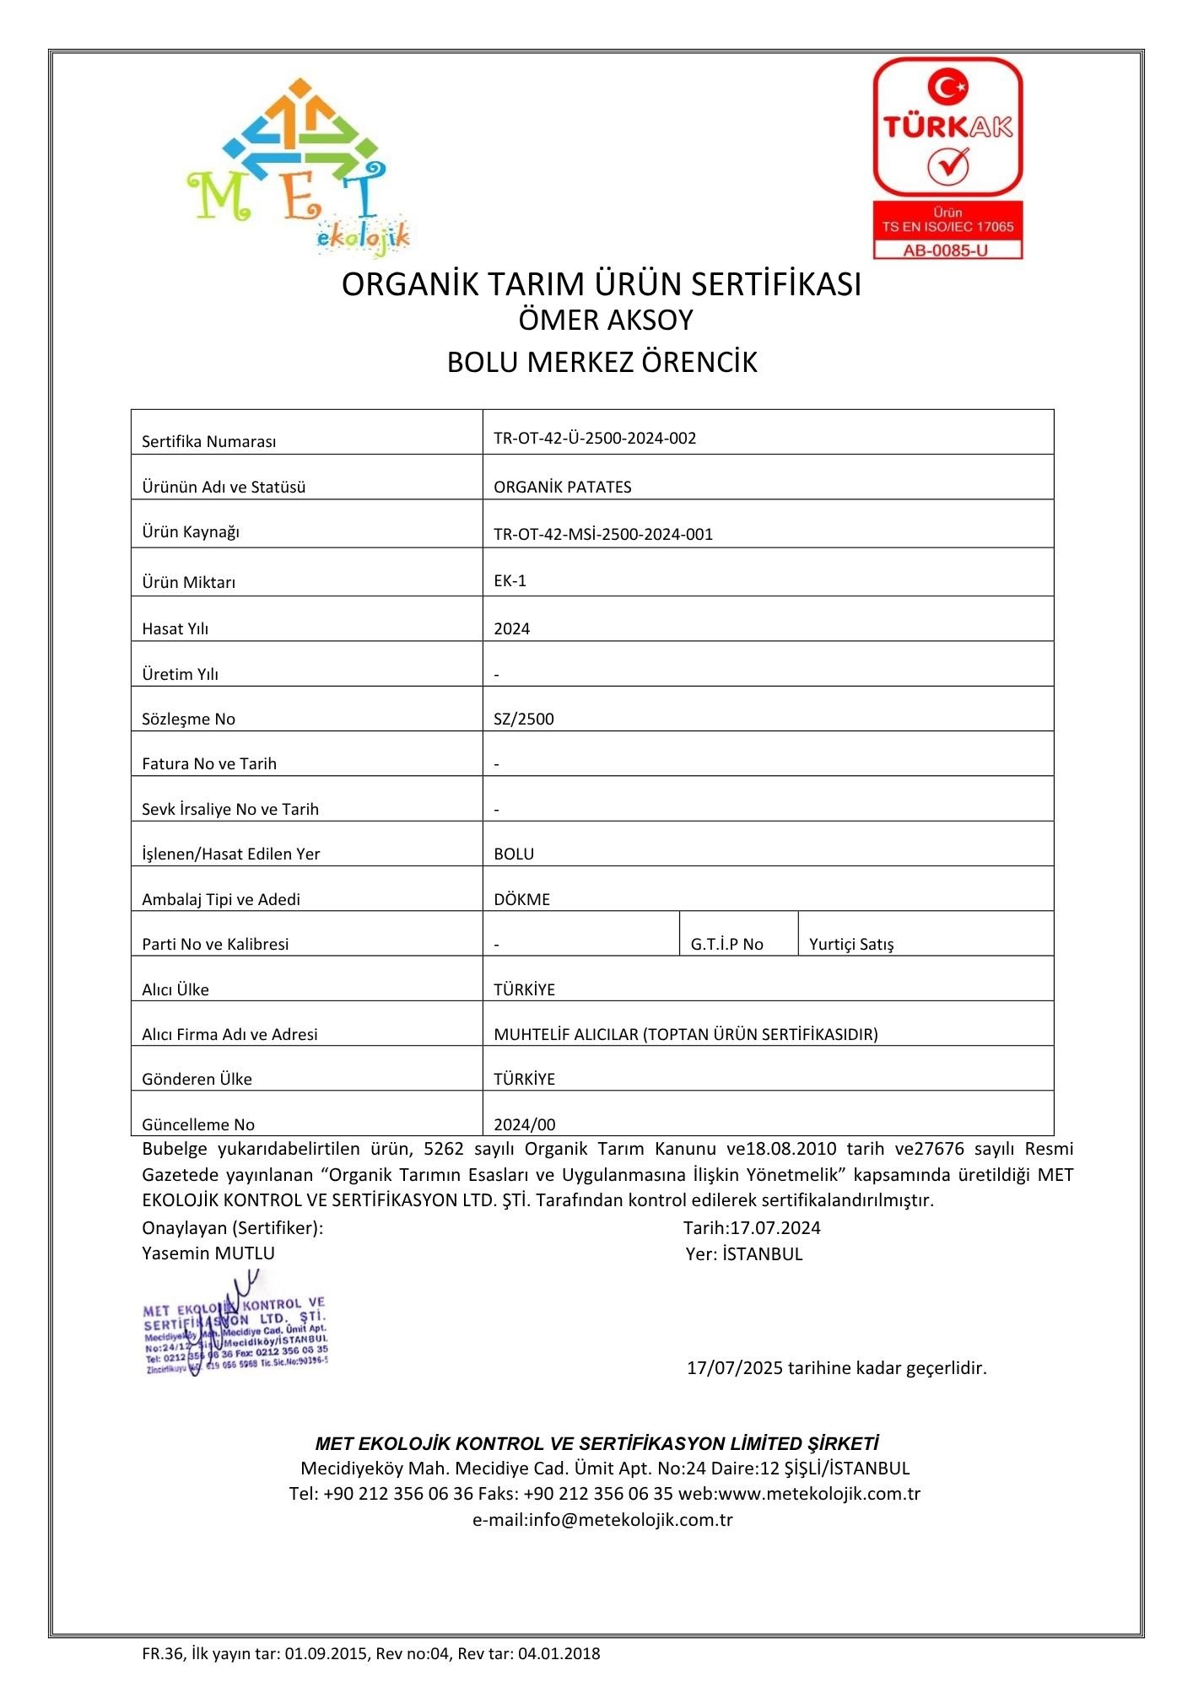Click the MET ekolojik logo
tap(297, 167)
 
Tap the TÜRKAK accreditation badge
tap(947, 157)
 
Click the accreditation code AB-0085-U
tap(947, 251)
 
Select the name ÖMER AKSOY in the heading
tap(605, 321)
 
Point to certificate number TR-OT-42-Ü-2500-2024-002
tap(595, 438)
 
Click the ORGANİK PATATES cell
tap(563, 487)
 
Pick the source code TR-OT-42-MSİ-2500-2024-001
tap(603, 534)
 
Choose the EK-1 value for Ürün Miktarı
tap(510, 580)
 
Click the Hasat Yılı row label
tap(175, 628)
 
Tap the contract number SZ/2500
tap(524, 719)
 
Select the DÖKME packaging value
tap(521, 899)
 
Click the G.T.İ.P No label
tap(726, 944)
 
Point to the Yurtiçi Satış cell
tap(851, 944)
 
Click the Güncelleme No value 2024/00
tap(525, 1124)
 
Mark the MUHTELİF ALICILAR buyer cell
tap(686, 1034)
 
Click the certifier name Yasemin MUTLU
tap(208, 1253)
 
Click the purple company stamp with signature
tap(235, 1330)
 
